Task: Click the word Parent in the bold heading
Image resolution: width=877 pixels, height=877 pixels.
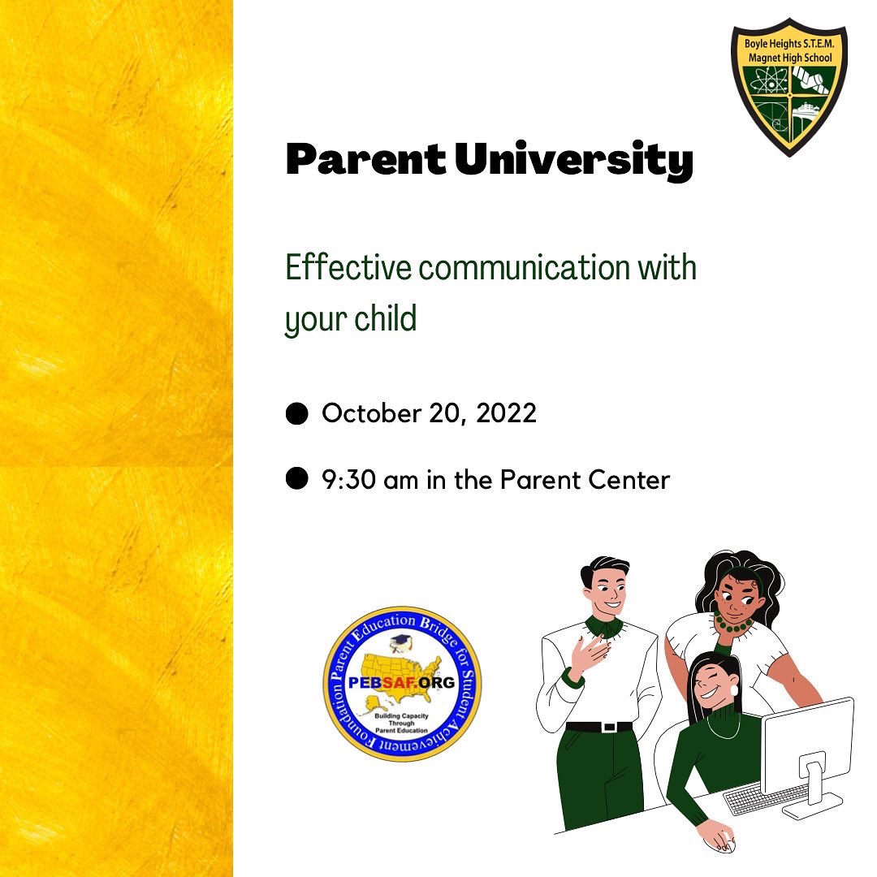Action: pos(365,162)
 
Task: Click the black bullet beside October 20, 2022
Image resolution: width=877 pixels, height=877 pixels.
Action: pos(297,413)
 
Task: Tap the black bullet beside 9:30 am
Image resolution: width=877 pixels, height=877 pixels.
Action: pos(297,479)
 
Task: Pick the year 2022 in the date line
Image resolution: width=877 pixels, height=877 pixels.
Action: pos(507,413)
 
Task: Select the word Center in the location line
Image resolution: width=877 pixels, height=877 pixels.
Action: pos(631,480)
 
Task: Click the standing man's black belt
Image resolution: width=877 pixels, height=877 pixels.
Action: pos(598,727)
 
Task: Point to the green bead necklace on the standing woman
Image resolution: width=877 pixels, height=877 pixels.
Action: pos(733,624)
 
